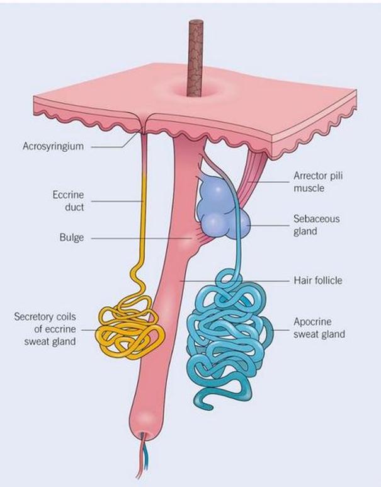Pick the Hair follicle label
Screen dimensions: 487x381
coord(318,280)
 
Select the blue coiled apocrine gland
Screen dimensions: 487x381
coord(230,334)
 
